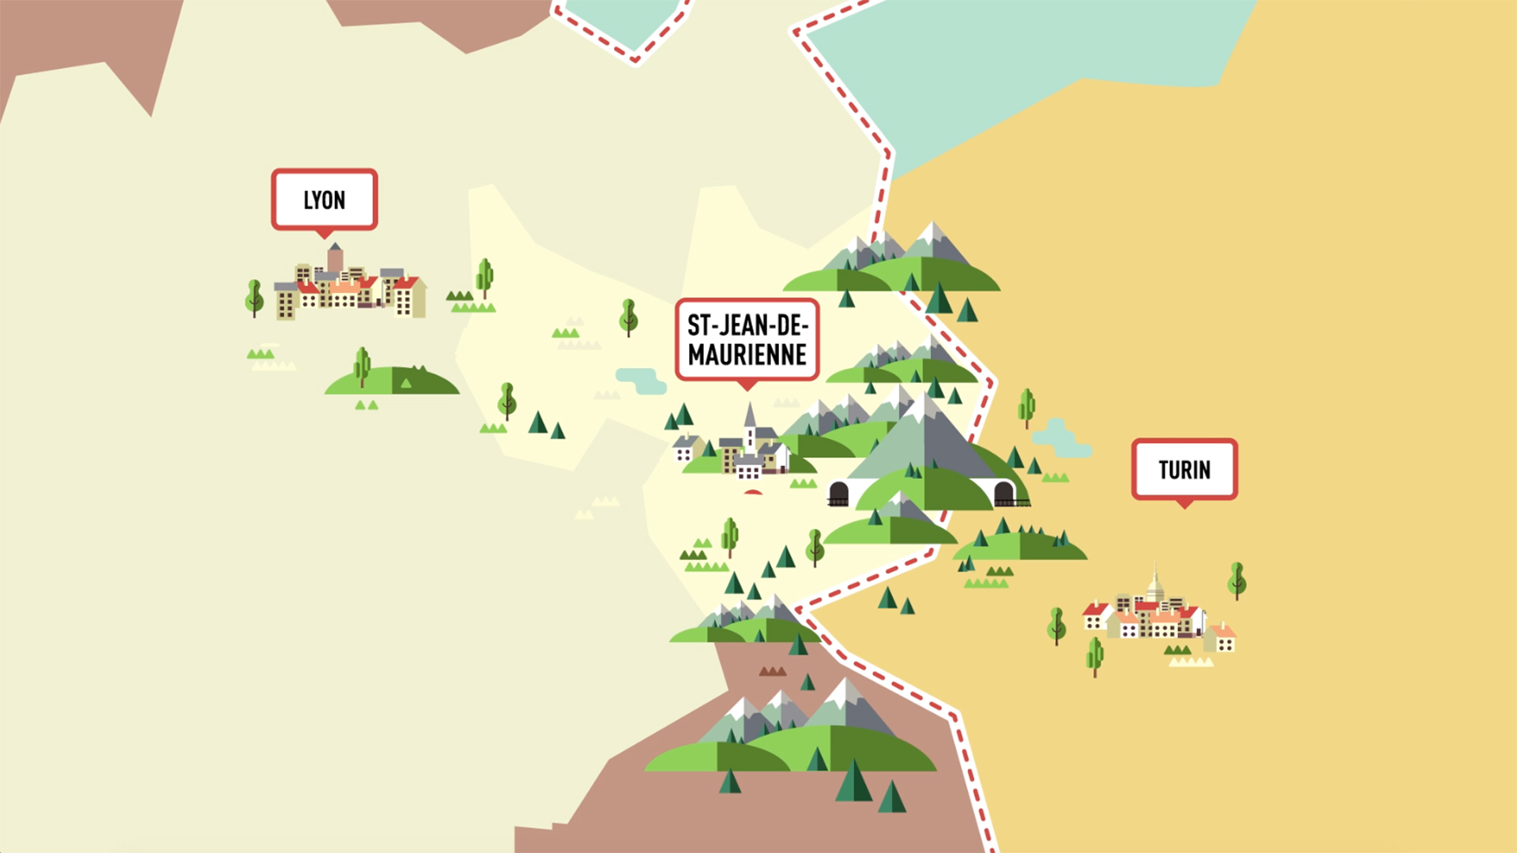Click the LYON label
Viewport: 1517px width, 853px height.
point(324,200)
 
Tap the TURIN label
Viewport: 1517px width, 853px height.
point(1184,470)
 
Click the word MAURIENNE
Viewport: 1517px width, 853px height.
point(747,355)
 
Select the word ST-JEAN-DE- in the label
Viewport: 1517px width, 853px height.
point(747,325)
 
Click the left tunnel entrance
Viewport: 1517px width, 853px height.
point(838,494)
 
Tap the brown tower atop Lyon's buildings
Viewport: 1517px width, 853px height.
point(335,257)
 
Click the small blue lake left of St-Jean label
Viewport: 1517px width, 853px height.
point(641,379)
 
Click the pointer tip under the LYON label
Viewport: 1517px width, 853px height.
point(324,235)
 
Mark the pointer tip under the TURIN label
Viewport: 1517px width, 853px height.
point(1184,505)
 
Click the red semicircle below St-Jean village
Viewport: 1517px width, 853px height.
point(753,492)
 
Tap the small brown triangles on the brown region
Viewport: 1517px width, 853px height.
point(772,671)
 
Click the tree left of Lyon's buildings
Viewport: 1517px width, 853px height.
point(254,296)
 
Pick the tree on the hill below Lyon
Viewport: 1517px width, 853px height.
point(362,365)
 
